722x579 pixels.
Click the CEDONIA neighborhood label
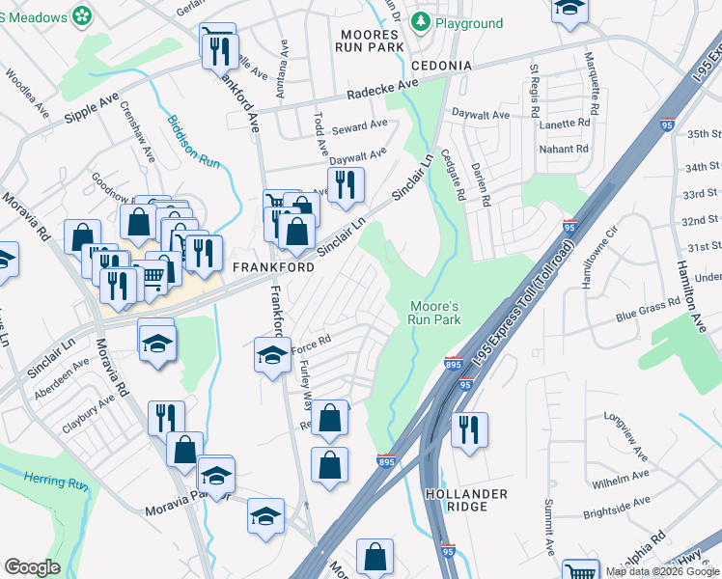pyautogui.click(x=440, y=66)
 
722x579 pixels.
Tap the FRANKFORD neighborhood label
pyautogui.click(x=272, y=266)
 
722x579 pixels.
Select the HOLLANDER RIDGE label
pyautogui.click(x=466, y=500)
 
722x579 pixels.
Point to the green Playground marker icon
pyautogui.click(x=421, y=21)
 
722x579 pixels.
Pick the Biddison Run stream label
pyautogui.click(x=195, y=144)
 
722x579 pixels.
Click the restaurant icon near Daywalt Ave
pyautogui.click(x=345, y=183)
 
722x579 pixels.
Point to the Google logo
pyautogui.click(x=32, y=567)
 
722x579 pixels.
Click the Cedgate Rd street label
pyautogui.click(x=454, y=174)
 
